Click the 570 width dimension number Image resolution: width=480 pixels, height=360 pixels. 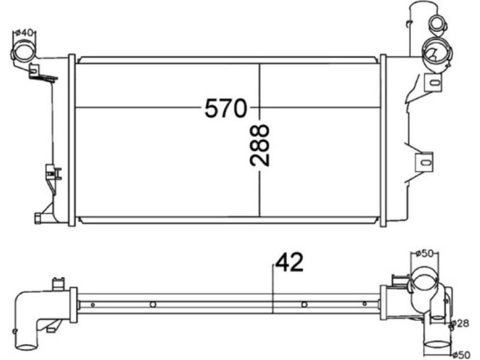coord(226,108)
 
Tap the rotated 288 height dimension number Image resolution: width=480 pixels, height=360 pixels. coord(260,145)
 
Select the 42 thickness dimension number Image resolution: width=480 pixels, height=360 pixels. coord(289,262)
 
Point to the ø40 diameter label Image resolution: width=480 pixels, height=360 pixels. coord(24,33)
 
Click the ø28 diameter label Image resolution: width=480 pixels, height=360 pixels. coord(460,323)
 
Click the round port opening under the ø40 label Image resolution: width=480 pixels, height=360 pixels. coord(24,52)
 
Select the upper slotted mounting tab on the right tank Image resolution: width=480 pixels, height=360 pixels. coord(434,82)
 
